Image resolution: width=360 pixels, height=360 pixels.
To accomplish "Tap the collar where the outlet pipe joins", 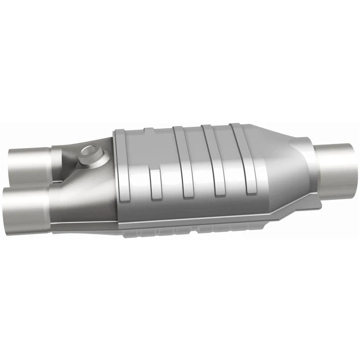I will pos(315,166).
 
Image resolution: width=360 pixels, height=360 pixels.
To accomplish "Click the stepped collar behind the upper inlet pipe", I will pos(56,157).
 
